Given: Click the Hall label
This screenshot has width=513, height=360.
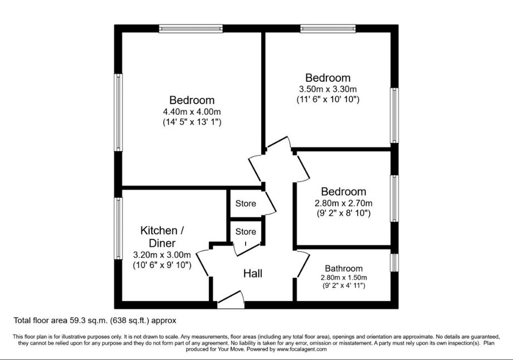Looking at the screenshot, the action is [252, 273].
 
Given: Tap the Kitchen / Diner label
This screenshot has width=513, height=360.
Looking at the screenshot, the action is [162, 237].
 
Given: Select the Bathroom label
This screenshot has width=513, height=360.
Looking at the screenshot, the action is [344, 269].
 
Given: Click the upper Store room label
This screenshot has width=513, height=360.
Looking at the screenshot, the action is [246, 203].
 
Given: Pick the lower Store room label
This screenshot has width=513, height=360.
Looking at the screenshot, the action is [246, 232].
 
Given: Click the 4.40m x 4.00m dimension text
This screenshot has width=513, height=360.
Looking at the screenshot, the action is [192, 111].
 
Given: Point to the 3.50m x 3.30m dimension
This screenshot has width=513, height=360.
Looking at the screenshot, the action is [328, 89].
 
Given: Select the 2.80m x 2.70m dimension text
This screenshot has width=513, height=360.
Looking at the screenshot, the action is [344, 203].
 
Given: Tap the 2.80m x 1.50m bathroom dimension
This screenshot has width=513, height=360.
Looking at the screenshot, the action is [344, 278].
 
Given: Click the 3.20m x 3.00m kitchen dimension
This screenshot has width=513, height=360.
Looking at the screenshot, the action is [162, 255].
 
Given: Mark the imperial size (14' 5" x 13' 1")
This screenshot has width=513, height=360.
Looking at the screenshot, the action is [192, 122].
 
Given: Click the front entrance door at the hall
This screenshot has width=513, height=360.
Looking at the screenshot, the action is [231, 300].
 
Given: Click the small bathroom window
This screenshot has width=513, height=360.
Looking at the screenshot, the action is [394, 262].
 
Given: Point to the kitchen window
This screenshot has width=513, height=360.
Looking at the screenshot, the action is [118, 228].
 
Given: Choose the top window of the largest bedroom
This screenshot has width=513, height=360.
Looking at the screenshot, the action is [191, 29].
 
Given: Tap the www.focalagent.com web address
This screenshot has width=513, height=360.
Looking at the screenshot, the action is [301, 349].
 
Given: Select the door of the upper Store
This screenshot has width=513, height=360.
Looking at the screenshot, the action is [270, 203].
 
